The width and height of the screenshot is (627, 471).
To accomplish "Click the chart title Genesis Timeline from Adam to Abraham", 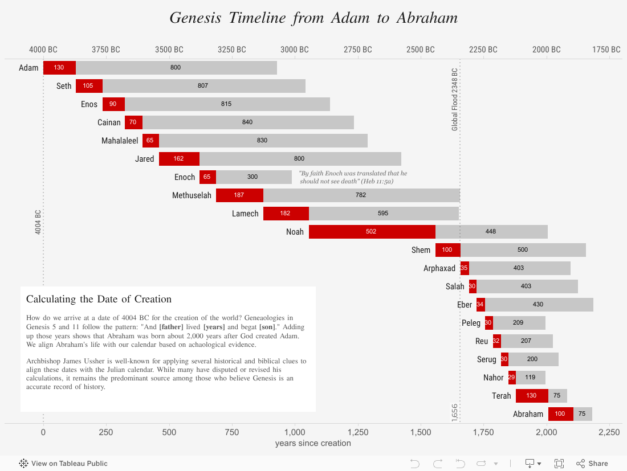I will tap(313, 18).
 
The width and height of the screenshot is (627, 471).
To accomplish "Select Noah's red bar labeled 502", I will tap(372, 232).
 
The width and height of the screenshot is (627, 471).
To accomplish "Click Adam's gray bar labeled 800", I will tap(176, 68).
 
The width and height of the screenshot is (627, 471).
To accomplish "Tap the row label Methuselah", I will tap(192, 195).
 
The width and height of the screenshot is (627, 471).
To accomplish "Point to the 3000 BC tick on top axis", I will tap(295, 50).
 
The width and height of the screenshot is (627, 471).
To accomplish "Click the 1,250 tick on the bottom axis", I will tap(358, 432).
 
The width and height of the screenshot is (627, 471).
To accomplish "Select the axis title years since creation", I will tap(313, 443).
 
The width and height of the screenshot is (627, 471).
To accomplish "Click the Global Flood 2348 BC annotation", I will tap(455, 100).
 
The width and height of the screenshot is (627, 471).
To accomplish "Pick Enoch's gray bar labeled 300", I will tap(254, 177).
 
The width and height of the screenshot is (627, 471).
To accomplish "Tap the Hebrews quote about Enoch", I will tap(353, 177).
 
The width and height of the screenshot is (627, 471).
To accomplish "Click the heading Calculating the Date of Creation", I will tap(99, 299).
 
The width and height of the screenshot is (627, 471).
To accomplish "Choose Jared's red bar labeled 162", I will tap(179, 159).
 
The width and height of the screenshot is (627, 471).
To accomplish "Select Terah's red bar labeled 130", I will tap(532, 396).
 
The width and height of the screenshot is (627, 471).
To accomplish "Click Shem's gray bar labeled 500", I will tap(523, 250).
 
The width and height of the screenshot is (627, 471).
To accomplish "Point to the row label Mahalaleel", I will tap(120, 141).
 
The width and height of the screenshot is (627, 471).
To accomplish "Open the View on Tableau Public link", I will tap(63, 464).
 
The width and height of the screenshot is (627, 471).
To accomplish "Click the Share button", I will tap(592, 464).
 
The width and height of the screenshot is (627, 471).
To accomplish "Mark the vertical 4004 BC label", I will tap(38, 223).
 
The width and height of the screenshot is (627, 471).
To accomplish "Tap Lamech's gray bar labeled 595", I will tap(384, 214).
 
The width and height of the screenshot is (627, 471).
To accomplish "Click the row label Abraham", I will tap(528, 414).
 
